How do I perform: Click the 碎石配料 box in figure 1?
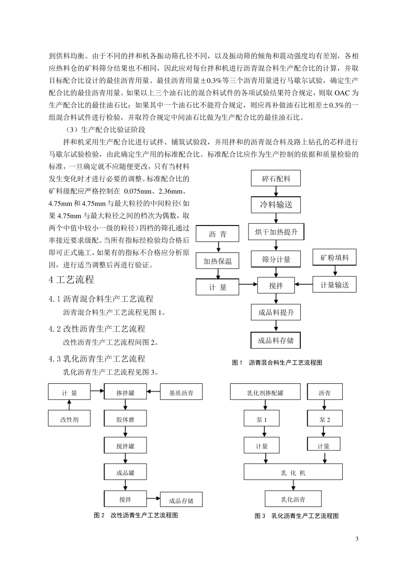[x=276, y=178]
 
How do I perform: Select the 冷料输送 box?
[x=276, y=205]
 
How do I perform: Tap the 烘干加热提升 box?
[x=276, y=232]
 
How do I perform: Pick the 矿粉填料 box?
[x=335, y=258]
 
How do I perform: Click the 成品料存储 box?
[x=276, y=341]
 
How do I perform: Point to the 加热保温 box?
[x=217, y=261]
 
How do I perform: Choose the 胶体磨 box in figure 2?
[x=125, y=419]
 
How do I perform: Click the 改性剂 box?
[x=69, y=419]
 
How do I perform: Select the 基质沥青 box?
[x=181, y=393]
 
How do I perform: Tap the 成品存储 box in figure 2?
[x=181, y=500]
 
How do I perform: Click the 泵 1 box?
[x=261, y=419]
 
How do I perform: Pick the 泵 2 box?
[x=324, y=419]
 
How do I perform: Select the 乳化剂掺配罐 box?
[x=265, y=393]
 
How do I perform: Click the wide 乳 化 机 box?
[x=293, y=473]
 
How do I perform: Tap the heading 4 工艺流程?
[x=72, y=280]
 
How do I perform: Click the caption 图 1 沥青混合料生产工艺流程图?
[x=277, y=363]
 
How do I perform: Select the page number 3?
[x=356, y=538]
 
